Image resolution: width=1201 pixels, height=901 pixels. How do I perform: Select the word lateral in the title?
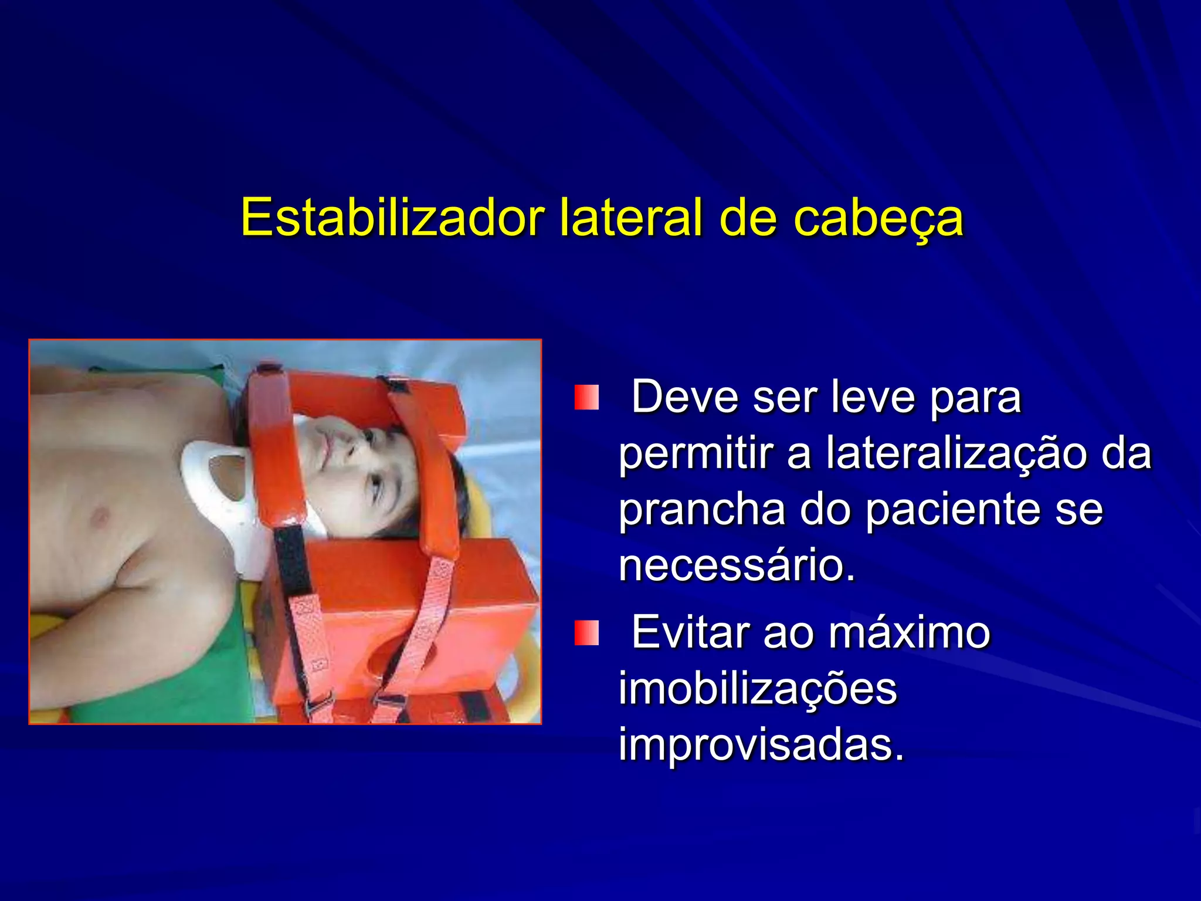tap(631, 218)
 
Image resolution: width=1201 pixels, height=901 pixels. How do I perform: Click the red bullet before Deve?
tap(586, 398)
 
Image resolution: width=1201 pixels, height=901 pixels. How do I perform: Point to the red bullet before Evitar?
tap(586, 633)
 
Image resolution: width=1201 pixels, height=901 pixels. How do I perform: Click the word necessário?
tap(737, 565)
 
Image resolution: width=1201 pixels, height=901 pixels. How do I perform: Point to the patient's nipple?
tap(100, 516)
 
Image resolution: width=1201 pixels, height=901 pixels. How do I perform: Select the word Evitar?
tap(692, 632)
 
